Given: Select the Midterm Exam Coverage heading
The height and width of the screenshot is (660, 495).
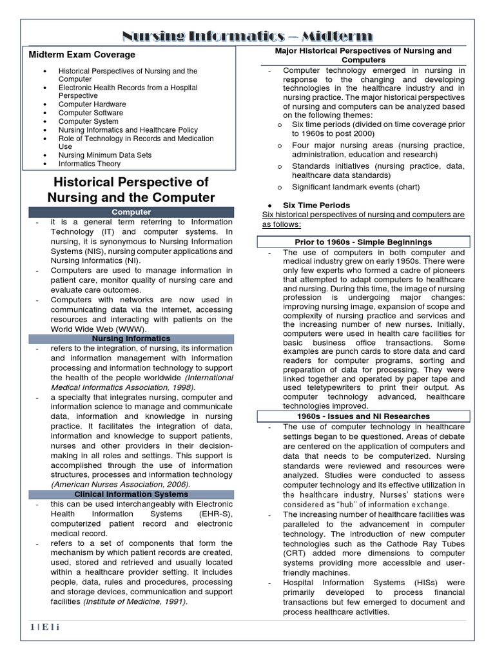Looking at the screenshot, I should click(x=82, y=55).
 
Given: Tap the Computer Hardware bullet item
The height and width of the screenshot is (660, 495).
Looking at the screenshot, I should click(x=92, y=104).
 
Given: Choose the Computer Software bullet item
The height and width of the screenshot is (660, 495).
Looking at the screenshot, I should click(x=91, y=113).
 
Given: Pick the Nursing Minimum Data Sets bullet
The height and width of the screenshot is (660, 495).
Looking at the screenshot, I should click(x=104, y=155).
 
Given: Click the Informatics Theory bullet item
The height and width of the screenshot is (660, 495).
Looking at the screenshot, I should click(x=90, y=164).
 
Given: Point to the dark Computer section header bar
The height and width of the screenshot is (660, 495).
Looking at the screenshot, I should click(x=131, y=212).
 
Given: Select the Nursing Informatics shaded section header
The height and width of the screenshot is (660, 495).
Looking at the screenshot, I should click(x=131, y=338).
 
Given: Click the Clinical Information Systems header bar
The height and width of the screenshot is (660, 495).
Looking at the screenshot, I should click(x=131, y=494).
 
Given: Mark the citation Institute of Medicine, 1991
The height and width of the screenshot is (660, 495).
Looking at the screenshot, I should click(x=135, y=601).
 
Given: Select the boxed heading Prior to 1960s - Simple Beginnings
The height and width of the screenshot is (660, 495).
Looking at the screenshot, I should click(x=364, y=242).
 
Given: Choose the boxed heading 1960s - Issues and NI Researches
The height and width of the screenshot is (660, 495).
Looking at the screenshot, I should click(x=364, y=416).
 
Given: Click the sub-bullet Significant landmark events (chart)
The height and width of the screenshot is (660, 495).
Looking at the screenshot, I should click(x=355, y=187).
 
